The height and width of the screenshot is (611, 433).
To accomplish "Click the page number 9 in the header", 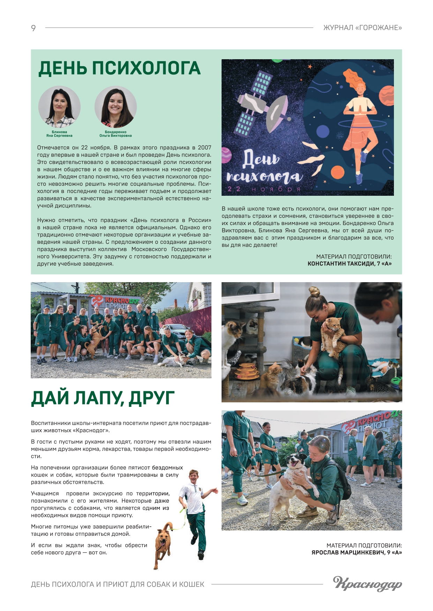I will coord(33,28).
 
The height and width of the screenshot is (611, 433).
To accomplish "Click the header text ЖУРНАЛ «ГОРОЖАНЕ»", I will coord(363,28).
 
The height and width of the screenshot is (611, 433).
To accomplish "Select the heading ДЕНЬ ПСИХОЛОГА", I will coord(119,68).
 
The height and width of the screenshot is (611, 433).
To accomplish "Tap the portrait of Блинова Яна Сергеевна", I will coord(59,107).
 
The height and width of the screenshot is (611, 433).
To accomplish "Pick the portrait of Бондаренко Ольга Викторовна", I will coord(115,107).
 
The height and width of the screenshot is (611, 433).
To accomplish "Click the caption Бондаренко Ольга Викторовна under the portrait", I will coord(115,134).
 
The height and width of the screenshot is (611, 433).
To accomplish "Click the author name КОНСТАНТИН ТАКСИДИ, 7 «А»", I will coord(349,264).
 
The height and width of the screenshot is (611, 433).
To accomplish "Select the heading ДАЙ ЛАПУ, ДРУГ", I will coord(103,398).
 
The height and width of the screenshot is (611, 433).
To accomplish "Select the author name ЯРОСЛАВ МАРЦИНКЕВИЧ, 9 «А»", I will coord(357,552).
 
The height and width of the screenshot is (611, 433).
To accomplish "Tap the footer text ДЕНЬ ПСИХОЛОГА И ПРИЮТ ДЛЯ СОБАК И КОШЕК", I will coord(118,584).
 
